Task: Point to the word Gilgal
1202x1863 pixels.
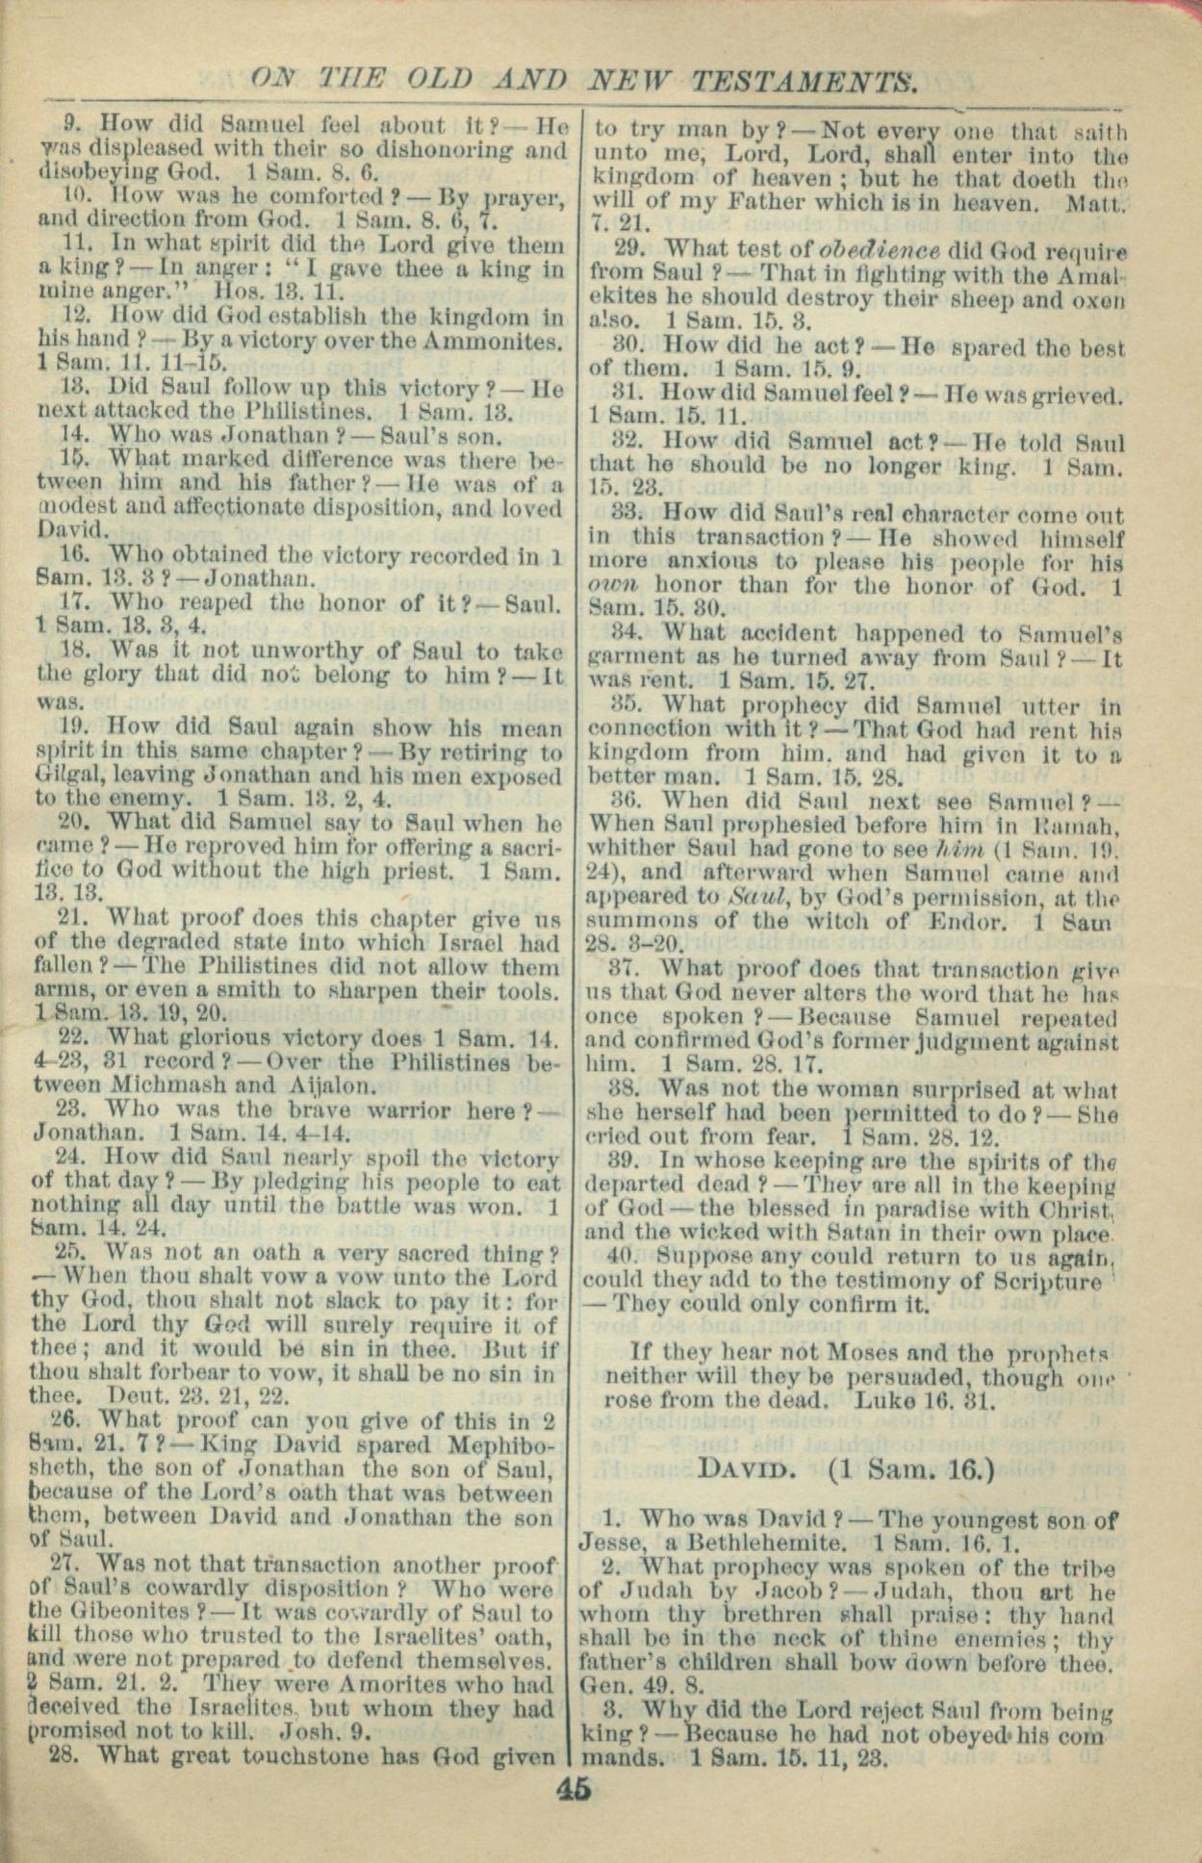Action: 68,775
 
